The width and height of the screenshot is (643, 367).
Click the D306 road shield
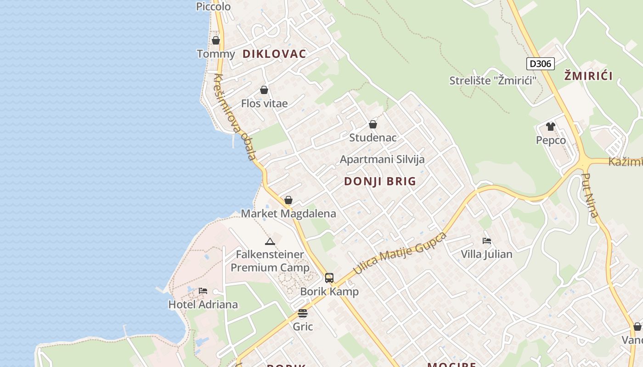pyautogui.click(x=540, y=64)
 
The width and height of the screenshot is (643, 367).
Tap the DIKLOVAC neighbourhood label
pyautogui.click(x=274, y=54)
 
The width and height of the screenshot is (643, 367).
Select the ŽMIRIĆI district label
pyautogui.click(x=588, y=76)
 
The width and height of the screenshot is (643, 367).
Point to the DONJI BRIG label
pyautogui.click(x=380, y=181)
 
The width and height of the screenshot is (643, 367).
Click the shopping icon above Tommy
pyautogui.click(x=216, y=40)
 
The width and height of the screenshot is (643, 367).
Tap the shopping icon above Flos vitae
pyautogui.click(x=264, y=90)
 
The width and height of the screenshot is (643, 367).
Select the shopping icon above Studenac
pyautogui.click(x=373, y=124)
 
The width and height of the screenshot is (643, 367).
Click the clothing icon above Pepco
pyautogui.click(x=551, y=127)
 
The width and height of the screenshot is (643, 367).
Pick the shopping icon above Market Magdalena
pyautogui.click(x=288, y=200)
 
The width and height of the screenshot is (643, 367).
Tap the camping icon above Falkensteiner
pyautogui.click(x=270, y=241)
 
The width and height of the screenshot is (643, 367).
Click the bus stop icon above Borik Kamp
pyautogui.click(x=329, y=278)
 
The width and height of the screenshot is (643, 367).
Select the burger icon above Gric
pyautogui.click(x=303, y=313)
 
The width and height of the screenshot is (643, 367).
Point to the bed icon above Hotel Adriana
pyautogui.click(x=203, y=291)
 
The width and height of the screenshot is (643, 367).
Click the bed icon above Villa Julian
pyautogui.click(x=487, y=240)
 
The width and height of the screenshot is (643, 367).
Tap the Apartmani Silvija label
pyautogui.click(x=382, y=159)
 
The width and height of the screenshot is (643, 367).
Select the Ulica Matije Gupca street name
pyautogui.click(x=400, y=254)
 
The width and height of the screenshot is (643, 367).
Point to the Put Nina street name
pyautogui.click(x=590, y=195)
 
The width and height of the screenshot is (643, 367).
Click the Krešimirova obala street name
pyautogui.click(x=235, y=117)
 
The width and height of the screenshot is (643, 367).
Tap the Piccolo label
pyautogui.click(x=213, y=6)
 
